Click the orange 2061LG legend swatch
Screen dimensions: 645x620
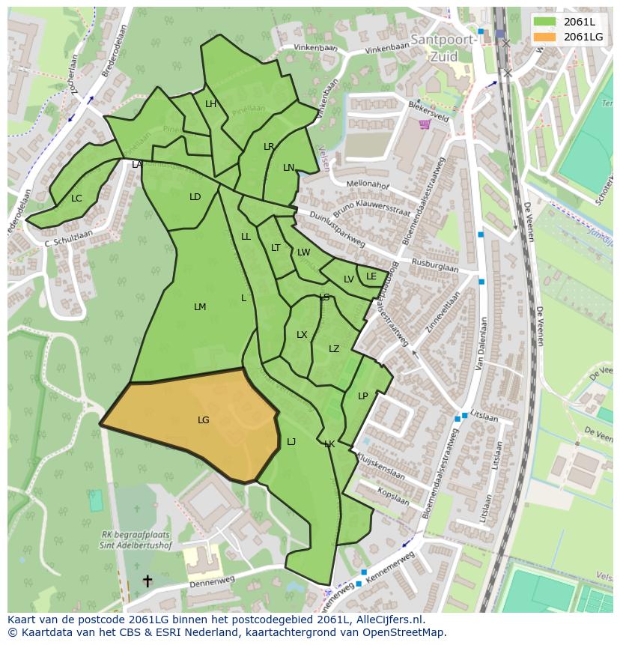[x=545, y=37]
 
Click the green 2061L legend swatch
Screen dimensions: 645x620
[x=545, y=22]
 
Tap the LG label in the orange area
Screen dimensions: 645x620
[x=204, y=420]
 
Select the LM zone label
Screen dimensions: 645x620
[x=200, y=307]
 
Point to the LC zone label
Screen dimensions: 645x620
[x=76, y=199]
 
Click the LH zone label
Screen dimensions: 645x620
[x=210, y=104]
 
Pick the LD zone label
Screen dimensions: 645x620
[x=195, y=197]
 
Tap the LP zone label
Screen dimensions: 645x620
[x=362, y=396]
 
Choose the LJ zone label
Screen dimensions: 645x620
[x=291, y=442]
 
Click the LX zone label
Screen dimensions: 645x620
[x=302, y=335]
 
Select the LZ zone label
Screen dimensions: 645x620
[x=334, y=349]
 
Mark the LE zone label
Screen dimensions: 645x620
[x=371, y=276]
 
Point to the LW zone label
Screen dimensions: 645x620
[x=303, y=252]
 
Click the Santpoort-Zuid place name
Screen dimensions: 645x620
[x=443, y=47]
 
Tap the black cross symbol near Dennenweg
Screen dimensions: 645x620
[x=148, y=581]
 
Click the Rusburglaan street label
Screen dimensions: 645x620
[x=435, y=265]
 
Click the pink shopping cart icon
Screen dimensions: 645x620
[x=425, y=124]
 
